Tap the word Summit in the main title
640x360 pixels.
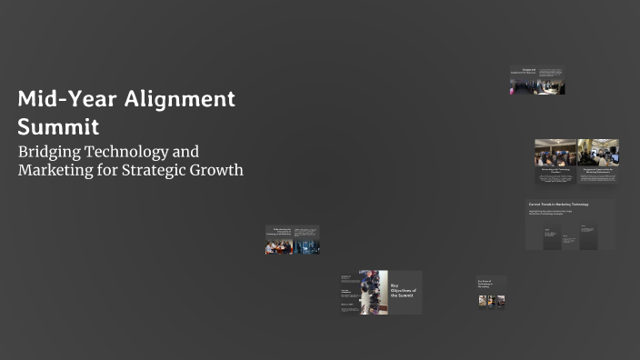(x=57, y=125)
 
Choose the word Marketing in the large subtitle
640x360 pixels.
(x=56, y=170)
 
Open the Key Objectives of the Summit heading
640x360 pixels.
(x=403, y=291)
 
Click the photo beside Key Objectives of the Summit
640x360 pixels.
(x=373, y=292)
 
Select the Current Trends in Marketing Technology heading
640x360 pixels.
(x=558, y=205)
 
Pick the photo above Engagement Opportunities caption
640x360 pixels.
(x=598, y=152)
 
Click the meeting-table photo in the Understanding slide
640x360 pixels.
(x=279, y=246)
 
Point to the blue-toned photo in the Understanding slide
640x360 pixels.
(x=306, y=246)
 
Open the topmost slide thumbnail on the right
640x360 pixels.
(x=537, y=81)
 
